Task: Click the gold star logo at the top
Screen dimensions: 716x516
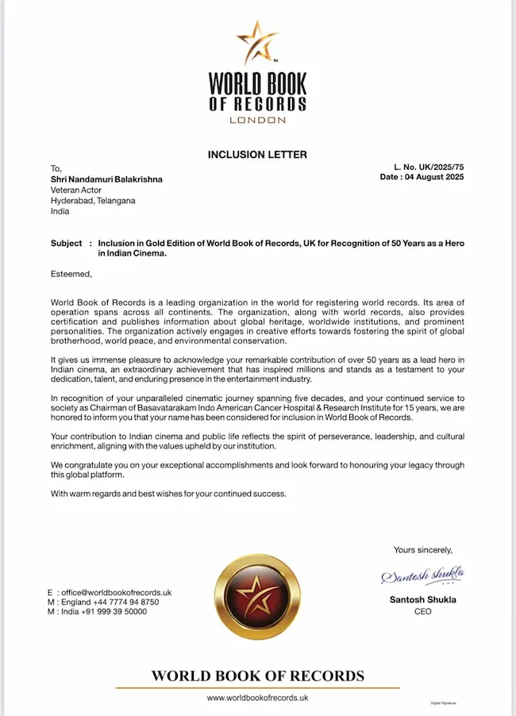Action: click(257, 44)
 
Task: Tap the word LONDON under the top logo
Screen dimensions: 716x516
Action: click(257, 120)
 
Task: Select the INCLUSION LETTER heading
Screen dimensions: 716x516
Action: click(257, 154)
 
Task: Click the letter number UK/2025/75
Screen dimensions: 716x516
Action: click(438, 167)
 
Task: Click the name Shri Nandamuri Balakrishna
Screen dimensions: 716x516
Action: click(106, 179)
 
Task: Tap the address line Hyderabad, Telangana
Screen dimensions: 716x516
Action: click(93, 201)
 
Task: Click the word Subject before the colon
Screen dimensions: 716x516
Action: click(66, 243)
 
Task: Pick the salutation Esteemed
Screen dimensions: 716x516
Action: click(71, 274)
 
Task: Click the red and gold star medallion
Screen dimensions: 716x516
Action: click(257, 598)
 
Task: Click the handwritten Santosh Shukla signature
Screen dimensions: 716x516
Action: click(422, 575)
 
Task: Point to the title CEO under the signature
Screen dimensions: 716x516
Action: click(423, 611)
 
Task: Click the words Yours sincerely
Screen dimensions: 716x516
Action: click(423, 549)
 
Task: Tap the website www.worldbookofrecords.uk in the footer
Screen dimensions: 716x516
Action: click(257, 698)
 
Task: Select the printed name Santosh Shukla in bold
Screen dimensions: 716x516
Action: click(423, 599)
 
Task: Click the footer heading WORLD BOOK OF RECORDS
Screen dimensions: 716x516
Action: click(257, 676)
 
